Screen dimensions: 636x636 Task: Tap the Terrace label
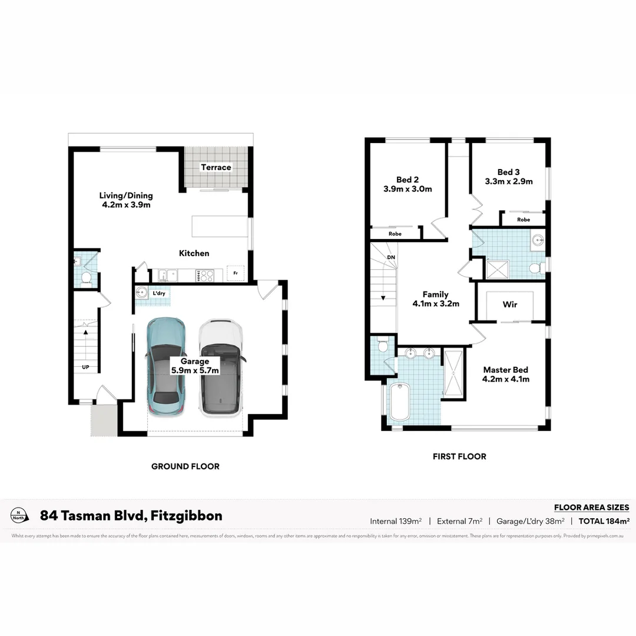[216, 167]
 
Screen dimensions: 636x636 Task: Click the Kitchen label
[194, 253]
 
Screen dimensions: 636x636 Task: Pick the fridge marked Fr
[236, 274]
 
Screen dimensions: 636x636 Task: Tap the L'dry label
[158, 293]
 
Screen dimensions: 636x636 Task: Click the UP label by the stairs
[85, 367]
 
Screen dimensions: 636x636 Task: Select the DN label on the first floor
[390, 258]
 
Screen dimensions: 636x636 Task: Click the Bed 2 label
[406, 184]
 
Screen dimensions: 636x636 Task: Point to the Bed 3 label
[508, 177]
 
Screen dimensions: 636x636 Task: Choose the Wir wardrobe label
[510, 304]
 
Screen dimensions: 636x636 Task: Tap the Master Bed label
[506, 374]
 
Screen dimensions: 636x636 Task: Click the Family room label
[436, 299]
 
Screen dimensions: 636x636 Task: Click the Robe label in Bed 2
[395, 234]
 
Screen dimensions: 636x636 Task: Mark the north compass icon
[19, 515]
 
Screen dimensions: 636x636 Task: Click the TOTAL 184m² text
[604, 521]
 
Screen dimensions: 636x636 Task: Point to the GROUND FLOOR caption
[185, 466]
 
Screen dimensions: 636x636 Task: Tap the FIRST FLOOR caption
[459, 456]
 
